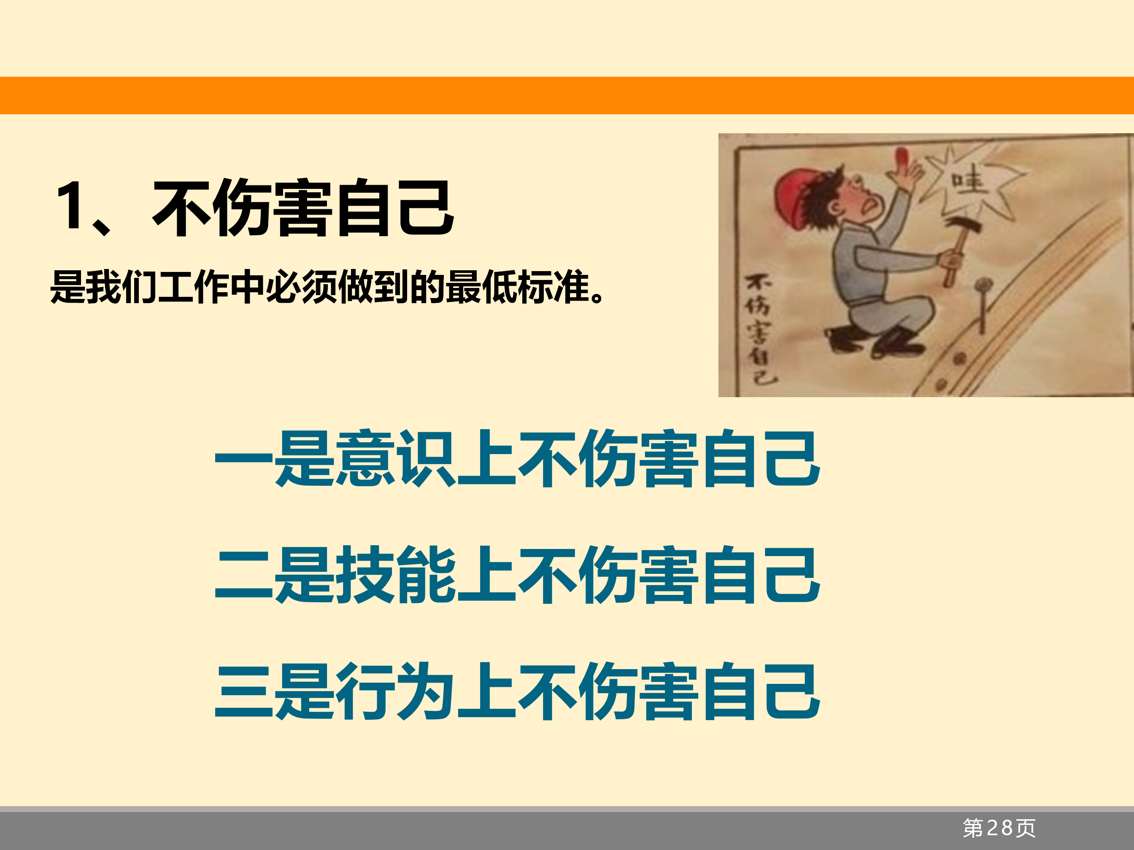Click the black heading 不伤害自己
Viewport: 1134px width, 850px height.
click(303, 207)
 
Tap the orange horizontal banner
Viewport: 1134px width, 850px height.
click(567, 95)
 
